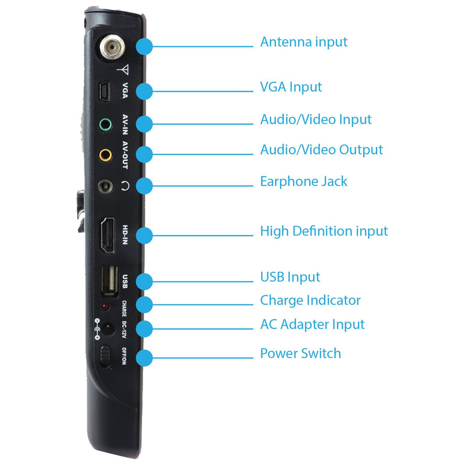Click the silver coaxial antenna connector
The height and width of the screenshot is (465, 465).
pyautogui.click(x=112, y=47)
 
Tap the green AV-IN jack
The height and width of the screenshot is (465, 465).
pyautogui.click(x=105, y=125)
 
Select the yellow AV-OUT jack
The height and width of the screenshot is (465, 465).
pyautogui.click(x=105, y=155)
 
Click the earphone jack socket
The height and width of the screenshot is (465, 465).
pyautogui.click(x=105, y=187)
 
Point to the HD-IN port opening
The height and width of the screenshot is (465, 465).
pyautogui.click(x=107, y=235)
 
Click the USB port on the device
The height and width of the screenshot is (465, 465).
pyautogui.click(x=110, y=281)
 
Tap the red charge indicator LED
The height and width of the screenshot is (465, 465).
pyautogui.click(x=105, y=306)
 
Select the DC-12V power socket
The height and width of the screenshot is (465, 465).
pyautogui.click(x=107, y=329)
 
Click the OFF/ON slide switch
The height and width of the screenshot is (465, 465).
pyautogui.click(x=105, y=356)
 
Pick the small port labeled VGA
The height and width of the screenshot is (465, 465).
pyautogui.click(x=104, y=91)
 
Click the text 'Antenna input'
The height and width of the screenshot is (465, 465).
pyautogui.click(x=304, y=42)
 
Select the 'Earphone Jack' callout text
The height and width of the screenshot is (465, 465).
pyautogui.click(x=304, y=181)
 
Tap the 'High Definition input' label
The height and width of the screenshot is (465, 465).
pyautogui.click(x=324, y=231)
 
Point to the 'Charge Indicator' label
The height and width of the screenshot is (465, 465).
pyautogui.click(x=310, y=300)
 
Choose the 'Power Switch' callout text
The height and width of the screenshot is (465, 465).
pyautogui.click(x=300, y=353)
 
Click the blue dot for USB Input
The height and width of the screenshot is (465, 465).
pyautogui.click(x=145, y=282)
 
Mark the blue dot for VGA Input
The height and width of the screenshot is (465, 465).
pyautogui.click(x=145, y=91)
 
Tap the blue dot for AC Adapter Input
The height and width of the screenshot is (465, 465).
pyautogui.click(x=145, y=329)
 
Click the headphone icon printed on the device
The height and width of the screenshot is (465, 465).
pyautogui.click(x=125, y=186)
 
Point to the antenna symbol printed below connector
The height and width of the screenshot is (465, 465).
pyautogui.click(x=123, y=69)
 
